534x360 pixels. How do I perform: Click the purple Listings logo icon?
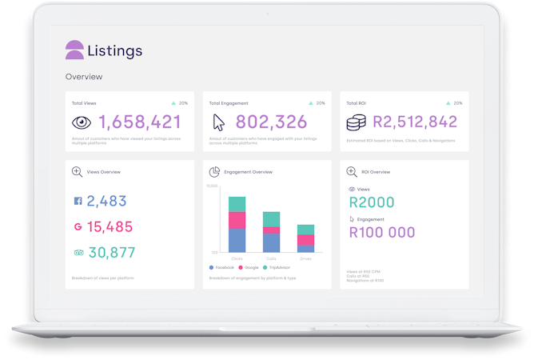[x=74, y=50]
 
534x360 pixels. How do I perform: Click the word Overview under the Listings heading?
[x=84, y=77]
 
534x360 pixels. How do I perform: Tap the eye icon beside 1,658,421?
[x=82, y=122]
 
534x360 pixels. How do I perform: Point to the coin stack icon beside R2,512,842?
[x=357, y=122]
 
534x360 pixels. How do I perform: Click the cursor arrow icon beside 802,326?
[x=219, y=122]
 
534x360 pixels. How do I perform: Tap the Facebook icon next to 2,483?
[x=78, y=202]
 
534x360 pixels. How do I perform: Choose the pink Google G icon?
[x=78, y=226]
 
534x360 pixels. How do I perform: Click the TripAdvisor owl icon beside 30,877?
[x=78, y=252]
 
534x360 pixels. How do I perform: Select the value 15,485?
[x=110, y=226]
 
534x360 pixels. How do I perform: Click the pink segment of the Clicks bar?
[x=237, y=220]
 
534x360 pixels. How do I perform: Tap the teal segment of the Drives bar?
[x=305, y=230]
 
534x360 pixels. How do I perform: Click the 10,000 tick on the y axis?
[x=212, y=186]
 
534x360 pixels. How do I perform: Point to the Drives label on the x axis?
[x=305, y=258]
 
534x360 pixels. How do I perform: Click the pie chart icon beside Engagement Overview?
[x=214, y=172]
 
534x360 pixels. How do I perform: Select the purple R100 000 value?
[x=382, y=233]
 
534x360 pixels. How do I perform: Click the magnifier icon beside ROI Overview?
[x=352, y=172]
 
